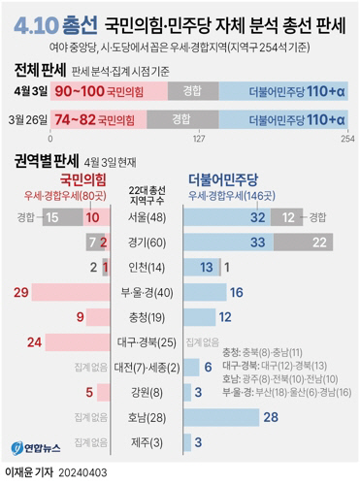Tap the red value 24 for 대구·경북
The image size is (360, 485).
coord(35,341)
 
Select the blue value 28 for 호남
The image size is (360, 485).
coord(270,417)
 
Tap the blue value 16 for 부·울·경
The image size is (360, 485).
coord(235,292)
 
